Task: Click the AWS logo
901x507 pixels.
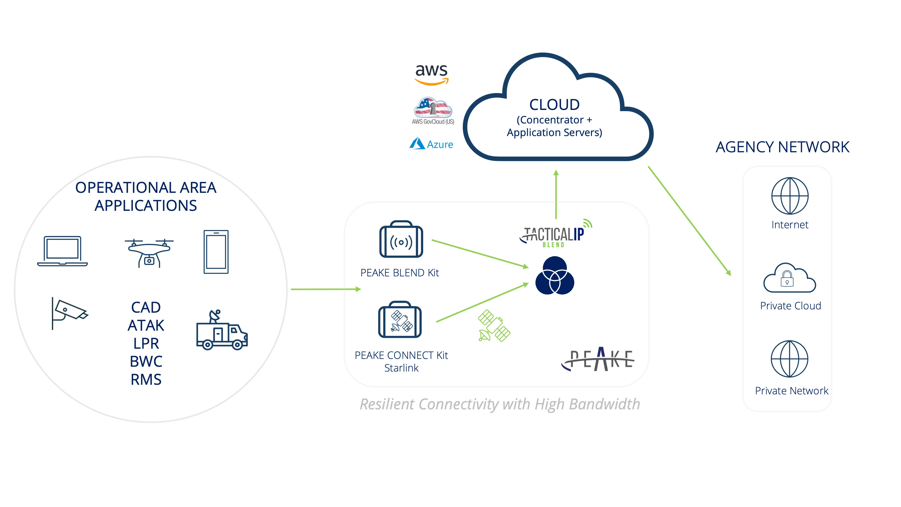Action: click(x=431, y=74)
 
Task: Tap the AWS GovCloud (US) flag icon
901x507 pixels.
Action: click(x=433, y=108)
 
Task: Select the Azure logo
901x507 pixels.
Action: click(x=431, y=144)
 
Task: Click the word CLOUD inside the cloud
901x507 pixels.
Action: click(x=554, y=105)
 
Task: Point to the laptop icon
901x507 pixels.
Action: click(x=62, y=251)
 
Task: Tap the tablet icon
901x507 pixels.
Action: click(x=216, y=252)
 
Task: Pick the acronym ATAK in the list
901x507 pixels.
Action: click(x=146, y=325)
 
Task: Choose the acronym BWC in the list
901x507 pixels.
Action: click(x=146, y=361)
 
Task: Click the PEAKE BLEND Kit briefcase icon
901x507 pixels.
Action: click(x=401, y=240)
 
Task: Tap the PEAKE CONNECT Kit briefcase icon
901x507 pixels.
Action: click(x=400, y=320)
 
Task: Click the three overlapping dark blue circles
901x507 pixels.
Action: click(x=554, y=276)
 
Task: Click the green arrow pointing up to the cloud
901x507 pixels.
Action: click(x=556, y=194)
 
